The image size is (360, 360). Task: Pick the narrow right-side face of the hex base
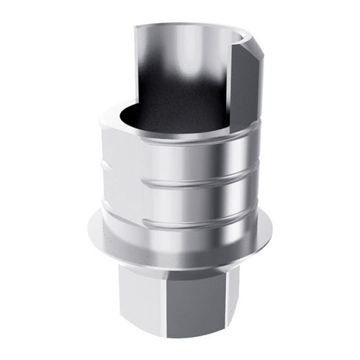click(251, 295)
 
